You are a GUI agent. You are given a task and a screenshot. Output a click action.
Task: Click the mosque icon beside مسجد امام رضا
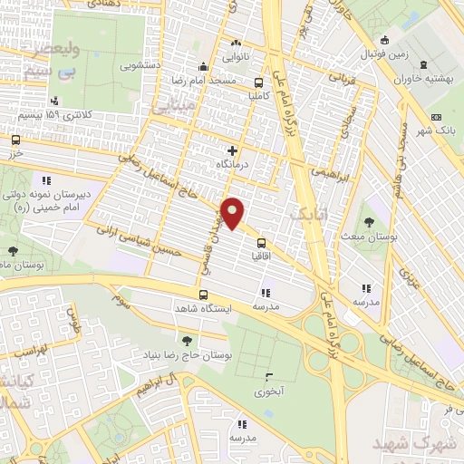tap(203, 68)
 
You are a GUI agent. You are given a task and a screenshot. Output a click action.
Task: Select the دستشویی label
tap(142, 66)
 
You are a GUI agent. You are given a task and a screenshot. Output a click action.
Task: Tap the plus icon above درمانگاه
tap(233, 150)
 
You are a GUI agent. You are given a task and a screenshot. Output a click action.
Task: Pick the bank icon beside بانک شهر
tap(436, 117)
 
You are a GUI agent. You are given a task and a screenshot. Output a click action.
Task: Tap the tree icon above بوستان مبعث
tap(368, 221)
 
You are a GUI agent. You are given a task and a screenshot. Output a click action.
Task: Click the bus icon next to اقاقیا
tap(261, 242)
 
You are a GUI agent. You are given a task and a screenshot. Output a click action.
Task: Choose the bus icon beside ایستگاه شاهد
tap(203, 295)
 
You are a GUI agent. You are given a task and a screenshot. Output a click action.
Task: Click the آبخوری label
tap(269, 391)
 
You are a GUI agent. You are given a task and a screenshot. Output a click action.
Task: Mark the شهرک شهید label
tap(429, 446)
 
